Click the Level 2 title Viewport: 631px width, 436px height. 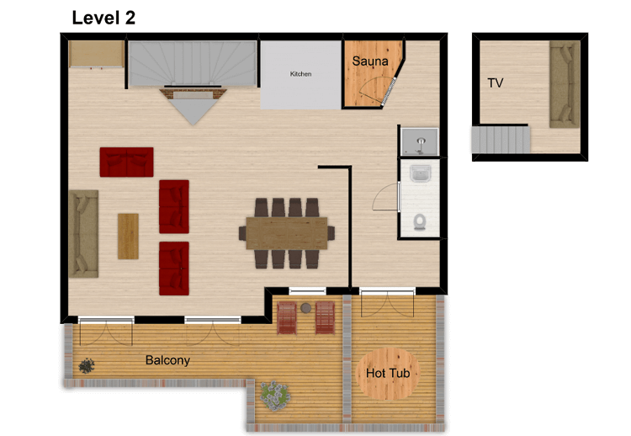pos(103,17)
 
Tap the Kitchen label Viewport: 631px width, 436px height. pos(300,74)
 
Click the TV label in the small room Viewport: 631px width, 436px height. pos(496,82)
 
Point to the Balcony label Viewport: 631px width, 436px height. pos(167,360)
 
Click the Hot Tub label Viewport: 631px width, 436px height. pos(387,372)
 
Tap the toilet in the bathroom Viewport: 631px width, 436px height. pos(419,222)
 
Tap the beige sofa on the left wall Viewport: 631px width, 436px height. pos(83,234)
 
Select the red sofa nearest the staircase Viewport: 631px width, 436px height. pos(126,162)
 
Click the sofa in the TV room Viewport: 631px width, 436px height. pos(565,84)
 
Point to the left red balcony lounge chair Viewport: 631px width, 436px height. pos(287,318)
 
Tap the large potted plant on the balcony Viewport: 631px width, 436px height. pos(273,394)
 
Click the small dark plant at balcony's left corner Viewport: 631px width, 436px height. pos(86,365)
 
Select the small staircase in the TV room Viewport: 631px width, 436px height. pos(501,139)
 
